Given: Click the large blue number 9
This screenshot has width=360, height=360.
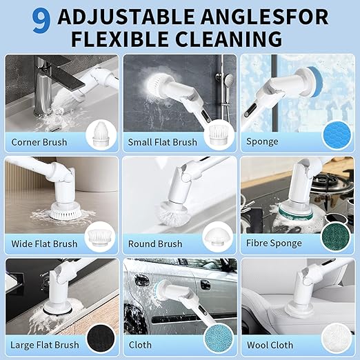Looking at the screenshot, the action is (41, 21).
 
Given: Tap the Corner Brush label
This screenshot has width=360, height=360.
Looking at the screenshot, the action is (39, 142).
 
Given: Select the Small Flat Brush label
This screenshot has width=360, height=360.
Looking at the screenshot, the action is (162, 142).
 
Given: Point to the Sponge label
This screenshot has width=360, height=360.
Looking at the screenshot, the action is (262, 141).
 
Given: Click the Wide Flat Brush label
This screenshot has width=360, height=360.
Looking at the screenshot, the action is (44, 243).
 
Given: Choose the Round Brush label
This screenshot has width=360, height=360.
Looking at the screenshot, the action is (155, 243).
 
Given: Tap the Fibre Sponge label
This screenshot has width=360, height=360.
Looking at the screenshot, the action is (274, 243).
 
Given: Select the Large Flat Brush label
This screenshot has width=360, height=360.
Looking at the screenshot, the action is (45, 345).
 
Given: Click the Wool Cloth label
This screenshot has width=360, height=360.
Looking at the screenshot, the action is (270, 345).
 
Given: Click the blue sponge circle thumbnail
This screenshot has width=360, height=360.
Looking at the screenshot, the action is (337, 136).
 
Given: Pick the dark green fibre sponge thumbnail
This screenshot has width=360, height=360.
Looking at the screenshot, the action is (335, 237).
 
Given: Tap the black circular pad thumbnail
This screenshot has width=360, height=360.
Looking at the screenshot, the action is (101, 339).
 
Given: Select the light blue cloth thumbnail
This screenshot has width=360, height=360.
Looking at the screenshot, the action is (219, 339).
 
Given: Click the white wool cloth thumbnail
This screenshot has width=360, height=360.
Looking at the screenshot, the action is (336, 338).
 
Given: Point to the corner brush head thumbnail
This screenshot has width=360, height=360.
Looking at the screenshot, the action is (101, 135).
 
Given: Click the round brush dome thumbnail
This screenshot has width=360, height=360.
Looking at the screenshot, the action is (217, 238).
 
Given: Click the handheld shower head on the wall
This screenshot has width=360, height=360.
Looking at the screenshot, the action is (228, 81).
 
